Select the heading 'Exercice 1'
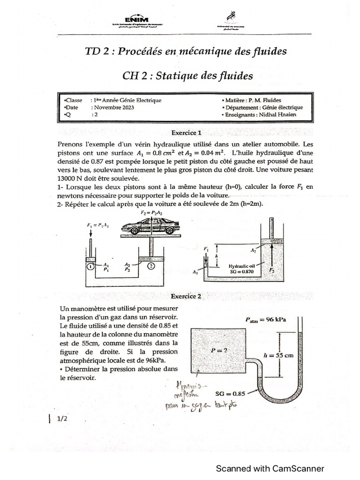186,132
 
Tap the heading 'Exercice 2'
186,296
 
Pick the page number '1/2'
63,420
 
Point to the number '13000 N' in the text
72,179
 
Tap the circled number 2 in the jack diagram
151,267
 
